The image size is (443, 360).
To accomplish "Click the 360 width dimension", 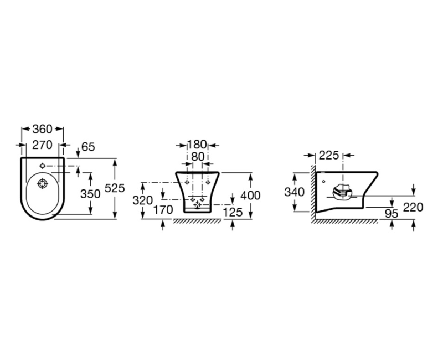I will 42,129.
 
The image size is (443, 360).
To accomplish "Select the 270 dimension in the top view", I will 42,145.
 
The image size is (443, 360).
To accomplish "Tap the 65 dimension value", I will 88,147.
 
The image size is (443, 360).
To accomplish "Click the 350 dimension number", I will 90,194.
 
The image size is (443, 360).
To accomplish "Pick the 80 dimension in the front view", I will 197,157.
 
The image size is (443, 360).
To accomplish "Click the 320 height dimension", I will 142,200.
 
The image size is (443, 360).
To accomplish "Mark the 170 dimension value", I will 163,210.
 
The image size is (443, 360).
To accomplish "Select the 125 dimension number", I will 233,211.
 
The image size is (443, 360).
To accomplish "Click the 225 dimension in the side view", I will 329,156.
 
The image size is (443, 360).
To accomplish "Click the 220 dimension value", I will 413,207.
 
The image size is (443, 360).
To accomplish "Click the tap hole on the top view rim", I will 43,166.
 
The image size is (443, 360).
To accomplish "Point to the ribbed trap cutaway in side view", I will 343,192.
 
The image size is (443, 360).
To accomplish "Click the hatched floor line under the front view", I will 198,221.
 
